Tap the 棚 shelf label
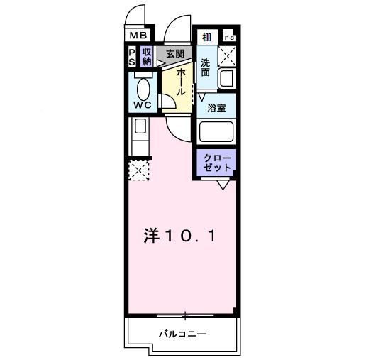tap(206, 38)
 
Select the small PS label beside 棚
tap(228, 37)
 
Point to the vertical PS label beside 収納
tap(132, 56)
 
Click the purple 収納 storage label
tap(147, 56)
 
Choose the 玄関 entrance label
tap(175, 53)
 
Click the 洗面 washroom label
tap(206, 68)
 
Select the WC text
tap(144, 104)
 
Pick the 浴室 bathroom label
tap(216, 108)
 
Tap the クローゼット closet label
tap(216, 163)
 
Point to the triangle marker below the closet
tap(223, 185)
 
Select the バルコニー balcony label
tap(182, 333)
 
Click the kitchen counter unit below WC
tap(139, 136)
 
